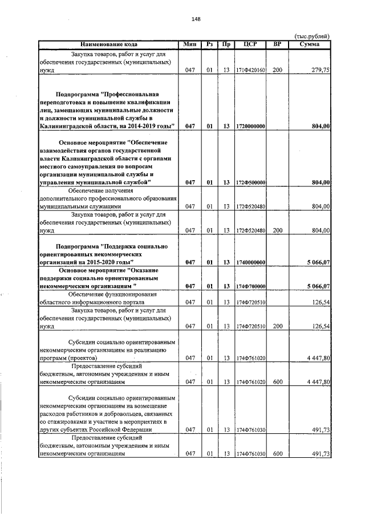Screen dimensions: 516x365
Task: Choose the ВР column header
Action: [x=278, y=44]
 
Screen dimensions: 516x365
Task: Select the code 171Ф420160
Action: [x=250, y=71]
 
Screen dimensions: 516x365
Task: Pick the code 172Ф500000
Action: [x=250, y=183]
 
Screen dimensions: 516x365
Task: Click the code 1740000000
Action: [x=250, y=262]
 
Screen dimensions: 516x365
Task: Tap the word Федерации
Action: [x=135, y=429]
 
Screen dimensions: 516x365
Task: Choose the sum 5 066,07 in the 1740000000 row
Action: [x=318, y=262]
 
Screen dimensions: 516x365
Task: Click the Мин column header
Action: [x=190, y=44]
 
